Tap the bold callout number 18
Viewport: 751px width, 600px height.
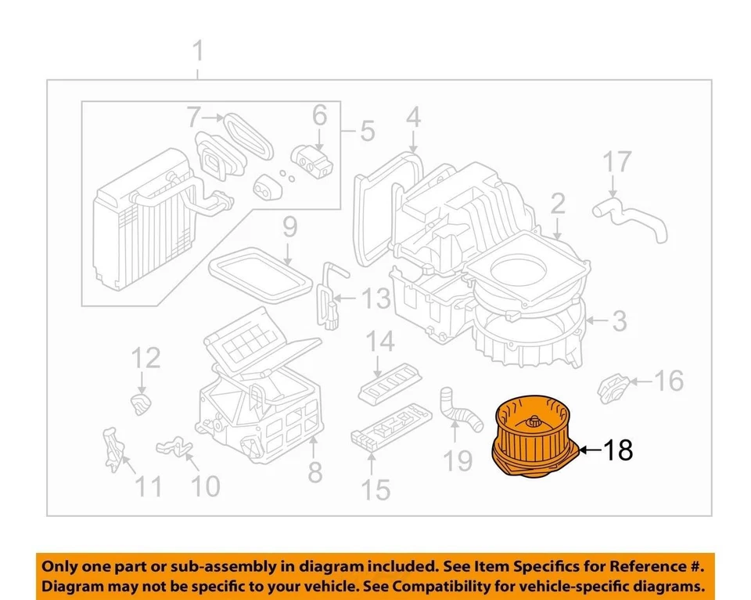point(618,450)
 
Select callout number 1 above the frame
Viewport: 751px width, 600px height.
point(198,53)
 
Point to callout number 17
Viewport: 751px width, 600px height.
point(617,163)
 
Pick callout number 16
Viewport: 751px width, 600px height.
point(669,381)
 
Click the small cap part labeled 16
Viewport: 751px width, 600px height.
point(615,388)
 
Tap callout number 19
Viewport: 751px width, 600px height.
point(459,461)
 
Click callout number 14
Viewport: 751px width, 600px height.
point(382,342)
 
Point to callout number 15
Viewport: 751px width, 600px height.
point(375,490)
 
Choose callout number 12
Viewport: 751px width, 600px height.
point(145,358)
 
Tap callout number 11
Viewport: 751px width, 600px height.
point(148,487)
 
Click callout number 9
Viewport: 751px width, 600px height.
point(289,228)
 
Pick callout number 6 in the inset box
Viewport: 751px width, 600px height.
point(319,116)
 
